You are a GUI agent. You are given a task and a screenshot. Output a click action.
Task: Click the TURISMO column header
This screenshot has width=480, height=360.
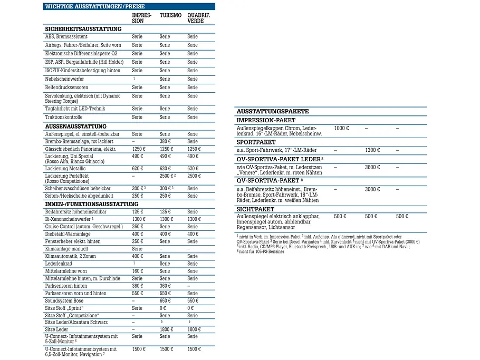coord(170,15)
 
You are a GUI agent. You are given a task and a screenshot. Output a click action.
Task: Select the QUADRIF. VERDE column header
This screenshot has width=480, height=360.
coord(199,18)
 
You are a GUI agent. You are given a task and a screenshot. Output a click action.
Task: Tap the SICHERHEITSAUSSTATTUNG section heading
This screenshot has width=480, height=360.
coord(83,29)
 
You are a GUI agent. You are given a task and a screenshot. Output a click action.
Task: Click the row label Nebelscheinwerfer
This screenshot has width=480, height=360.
coord(64,79)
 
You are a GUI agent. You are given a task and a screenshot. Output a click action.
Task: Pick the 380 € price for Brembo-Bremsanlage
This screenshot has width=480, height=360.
coord(165,142)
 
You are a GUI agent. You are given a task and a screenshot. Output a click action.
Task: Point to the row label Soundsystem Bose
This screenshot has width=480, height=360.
coord(64,300)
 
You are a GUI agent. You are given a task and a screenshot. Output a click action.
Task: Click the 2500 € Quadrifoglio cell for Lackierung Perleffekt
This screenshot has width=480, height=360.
coord(194,176)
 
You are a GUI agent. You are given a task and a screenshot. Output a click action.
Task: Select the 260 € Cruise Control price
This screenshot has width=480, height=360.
coord(138,227)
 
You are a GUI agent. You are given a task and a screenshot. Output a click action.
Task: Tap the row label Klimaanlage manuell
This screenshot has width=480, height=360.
coord(66,249)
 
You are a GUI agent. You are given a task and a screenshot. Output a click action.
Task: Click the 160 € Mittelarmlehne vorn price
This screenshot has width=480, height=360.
coord(138,271)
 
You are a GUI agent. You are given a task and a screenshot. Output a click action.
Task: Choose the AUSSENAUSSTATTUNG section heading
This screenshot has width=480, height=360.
coord(75,127)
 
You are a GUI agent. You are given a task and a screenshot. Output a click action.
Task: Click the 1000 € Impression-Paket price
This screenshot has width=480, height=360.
coord(341,128)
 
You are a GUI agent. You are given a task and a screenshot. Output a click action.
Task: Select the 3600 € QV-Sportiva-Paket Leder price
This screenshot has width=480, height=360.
coord(372,167)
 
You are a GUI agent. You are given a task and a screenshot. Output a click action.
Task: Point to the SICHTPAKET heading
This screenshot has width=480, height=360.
coord(255,209)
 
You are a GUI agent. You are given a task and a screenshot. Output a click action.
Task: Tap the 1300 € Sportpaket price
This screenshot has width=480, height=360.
coord(372,150)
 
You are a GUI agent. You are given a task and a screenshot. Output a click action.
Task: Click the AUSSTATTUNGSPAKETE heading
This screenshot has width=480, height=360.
coord(273,111)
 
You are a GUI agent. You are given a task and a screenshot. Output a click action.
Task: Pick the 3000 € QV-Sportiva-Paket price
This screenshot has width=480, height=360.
coord(372,189)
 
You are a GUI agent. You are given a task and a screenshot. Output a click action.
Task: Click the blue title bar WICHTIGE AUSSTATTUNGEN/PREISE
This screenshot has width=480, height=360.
coord(129,6)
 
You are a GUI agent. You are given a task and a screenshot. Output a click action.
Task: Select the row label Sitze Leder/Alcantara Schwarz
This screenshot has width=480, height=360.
coord(76,322)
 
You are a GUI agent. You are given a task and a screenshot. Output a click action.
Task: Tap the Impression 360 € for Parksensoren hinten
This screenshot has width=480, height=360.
coord(138,286)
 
